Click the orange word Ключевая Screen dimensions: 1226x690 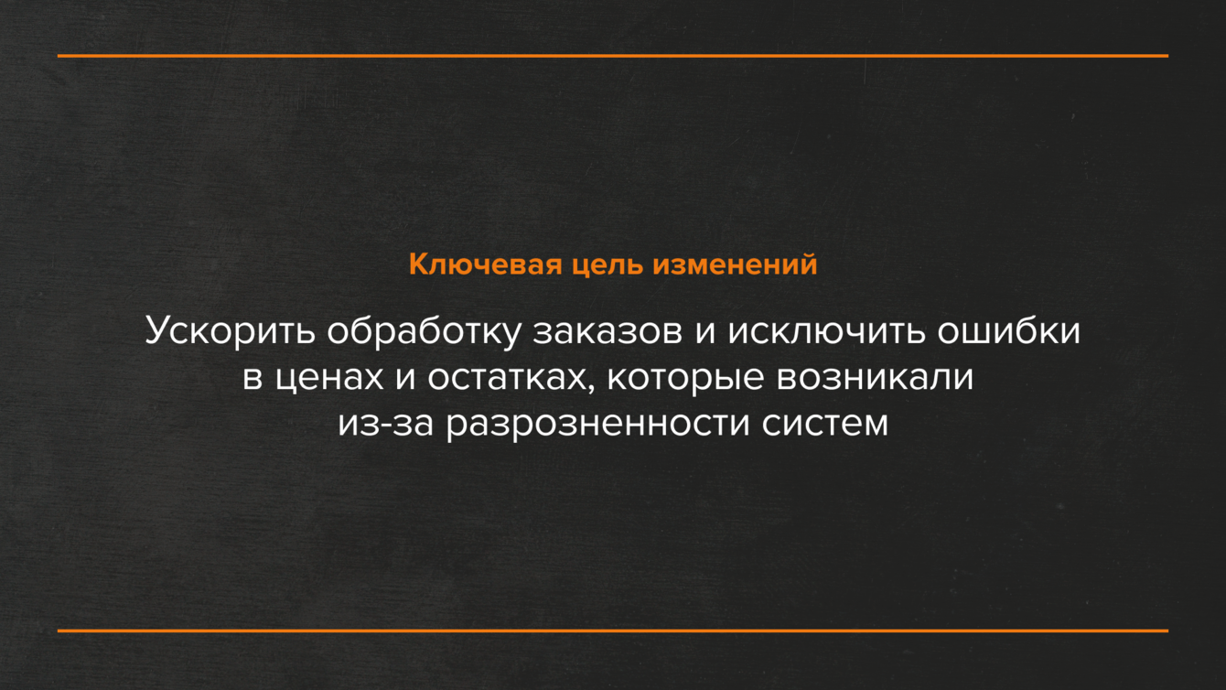(486, 264)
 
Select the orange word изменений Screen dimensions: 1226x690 (735, 264)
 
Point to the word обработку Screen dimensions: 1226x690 (424, 331)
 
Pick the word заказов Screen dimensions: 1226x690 (608, 333)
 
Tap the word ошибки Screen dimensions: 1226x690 (1009, 331)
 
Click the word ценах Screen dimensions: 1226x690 (329, 379)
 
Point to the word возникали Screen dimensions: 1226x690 (875, 379)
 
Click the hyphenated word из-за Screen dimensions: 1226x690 (385, 425)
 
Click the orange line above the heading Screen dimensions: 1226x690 (613, 56)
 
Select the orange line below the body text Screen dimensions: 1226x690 (613, 631)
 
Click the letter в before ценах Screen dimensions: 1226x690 (253, 379)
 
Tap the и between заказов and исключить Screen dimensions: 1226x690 (705, 333)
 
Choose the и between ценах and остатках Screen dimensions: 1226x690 (405, 379)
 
